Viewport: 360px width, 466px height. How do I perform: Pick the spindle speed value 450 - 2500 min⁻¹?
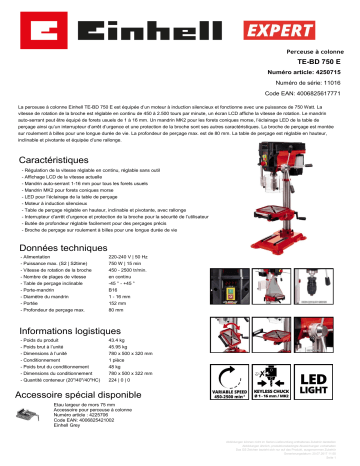(131, 272)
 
